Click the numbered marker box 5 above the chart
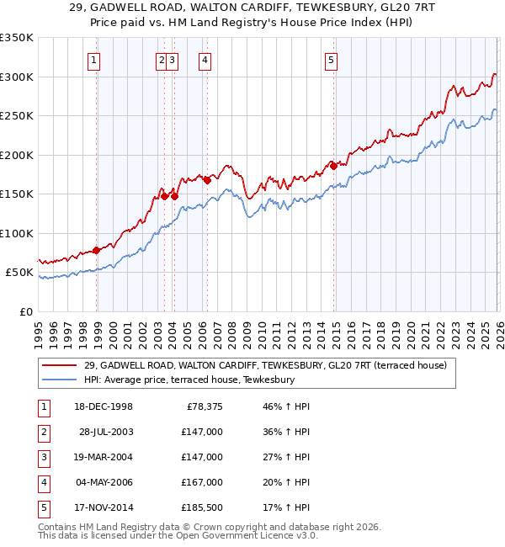(x=331, y=60)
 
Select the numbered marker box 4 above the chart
(x=205, y=60)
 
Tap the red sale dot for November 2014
(x=333, y=166)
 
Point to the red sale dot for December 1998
(x=97, y=250)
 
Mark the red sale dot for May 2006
(x=207, y=180)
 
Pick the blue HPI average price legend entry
(x=189, y=380)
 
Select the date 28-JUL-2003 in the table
(x=106, y=432)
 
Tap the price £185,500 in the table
(x=202, y=507)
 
